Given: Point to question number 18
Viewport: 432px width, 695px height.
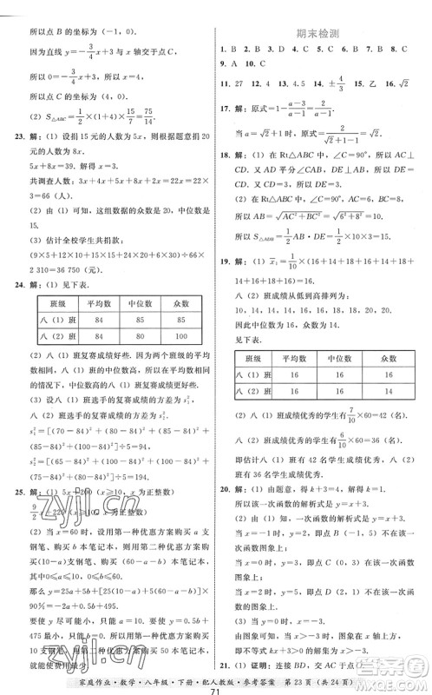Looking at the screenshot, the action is (x=226, y=156).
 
